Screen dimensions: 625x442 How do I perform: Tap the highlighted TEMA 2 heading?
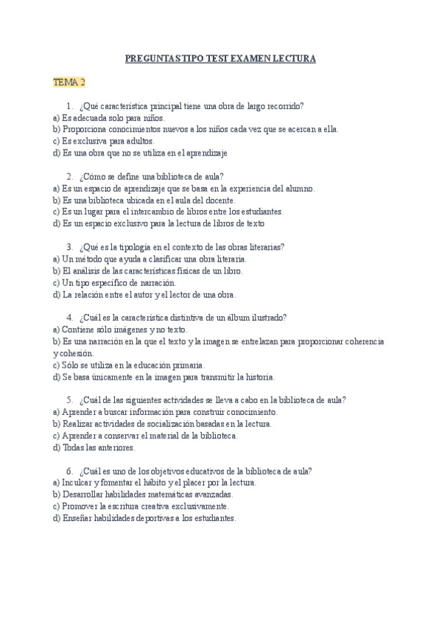[x=69, y=81]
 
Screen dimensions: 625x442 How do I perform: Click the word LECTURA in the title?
[x=293, y=57]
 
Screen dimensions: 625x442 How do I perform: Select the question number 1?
[x=69, y=105]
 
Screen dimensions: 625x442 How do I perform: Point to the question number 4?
[x=69, y=318]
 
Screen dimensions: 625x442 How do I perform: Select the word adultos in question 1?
[x=138, y=141]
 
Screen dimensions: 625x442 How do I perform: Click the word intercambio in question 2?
[x=141, y=212]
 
